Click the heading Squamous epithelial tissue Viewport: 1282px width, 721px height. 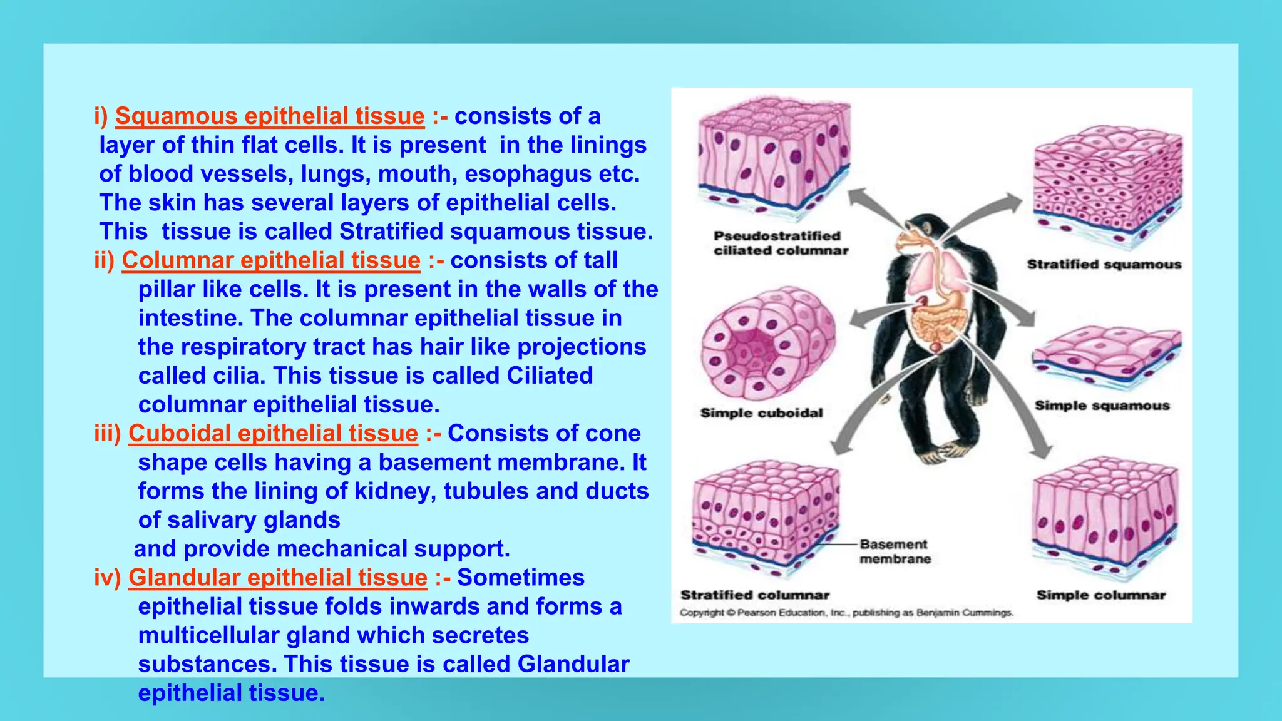click(270, 116)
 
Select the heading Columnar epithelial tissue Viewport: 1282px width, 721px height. click(271, 260)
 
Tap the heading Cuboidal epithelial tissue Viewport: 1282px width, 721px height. click(273, 433)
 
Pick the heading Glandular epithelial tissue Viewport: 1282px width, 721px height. click(278, 577)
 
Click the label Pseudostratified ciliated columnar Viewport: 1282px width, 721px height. click(780, 243)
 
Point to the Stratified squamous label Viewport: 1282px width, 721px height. click(1104, 264)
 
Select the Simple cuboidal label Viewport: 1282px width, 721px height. click(761, 413)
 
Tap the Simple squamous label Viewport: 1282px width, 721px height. click(1102, 406)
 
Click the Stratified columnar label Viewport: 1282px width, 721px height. click(755, 595)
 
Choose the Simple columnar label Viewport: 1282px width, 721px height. click(1101, 595)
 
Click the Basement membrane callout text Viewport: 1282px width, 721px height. click(894, 551)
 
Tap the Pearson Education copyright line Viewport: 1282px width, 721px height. click(846, 613)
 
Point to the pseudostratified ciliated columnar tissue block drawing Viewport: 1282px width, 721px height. click(774, 156)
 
